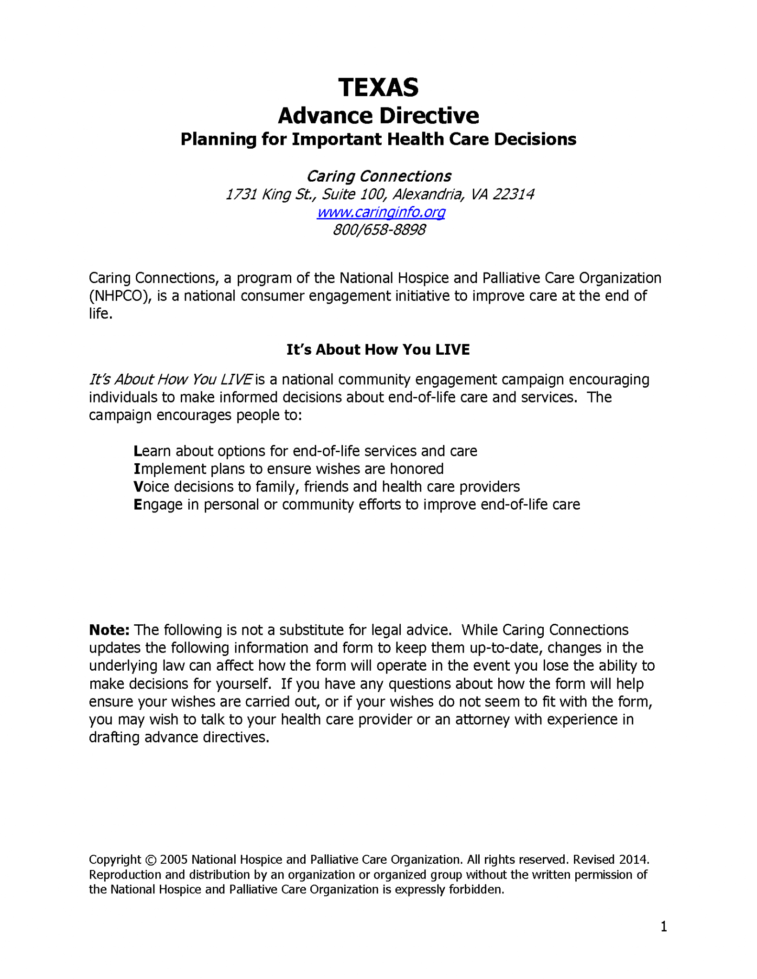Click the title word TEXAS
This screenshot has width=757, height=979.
(378, 87)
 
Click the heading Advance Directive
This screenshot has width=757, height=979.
(378, 116)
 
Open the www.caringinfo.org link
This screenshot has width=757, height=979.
(381, 212)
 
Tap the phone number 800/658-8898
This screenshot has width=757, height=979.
(379, 230)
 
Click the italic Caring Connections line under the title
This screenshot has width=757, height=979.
(378, 176)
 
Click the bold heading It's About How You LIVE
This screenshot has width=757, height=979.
(378, 349)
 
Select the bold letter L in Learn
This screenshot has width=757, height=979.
(137, 451)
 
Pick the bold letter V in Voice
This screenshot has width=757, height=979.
(138, 487)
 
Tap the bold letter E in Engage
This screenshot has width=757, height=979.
(138, 505)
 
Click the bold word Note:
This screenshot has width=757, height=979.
(109, 630)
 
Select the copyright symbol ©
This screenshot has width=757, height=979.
(150, 860)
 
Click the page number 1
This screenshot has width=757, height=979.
(663, 927)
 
